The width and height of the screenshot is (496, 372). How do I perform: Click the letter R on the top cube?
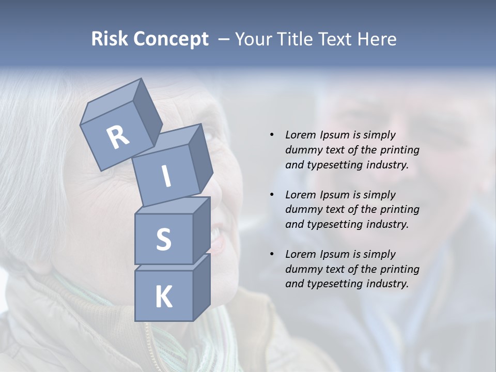[118, 137]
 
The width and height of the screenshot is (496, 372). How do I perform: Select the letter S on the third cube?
[163, 239]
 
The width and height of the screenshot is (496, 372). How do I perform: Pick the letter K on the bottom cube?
[163, 297]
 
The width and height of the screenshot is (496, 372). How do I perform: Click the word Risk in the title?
[110, 39]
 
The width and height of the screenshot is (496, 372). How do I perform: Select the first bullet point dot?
[272, 135]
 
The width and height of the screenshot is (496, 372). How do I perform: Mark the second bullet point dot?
[272, 195]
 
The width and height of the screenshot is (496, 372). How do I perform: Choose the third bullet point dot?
[272, 254]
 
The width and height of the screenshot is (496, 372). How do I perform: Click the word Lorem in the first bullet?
[301, 135]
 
